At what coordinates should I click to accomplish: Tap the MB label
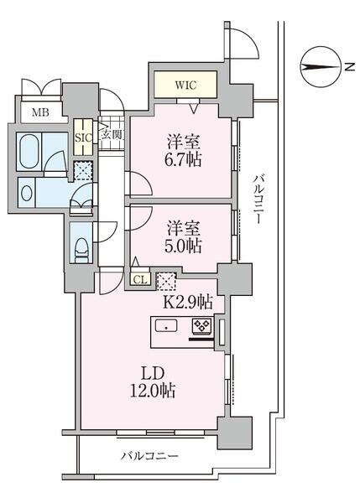[x=39, y=112]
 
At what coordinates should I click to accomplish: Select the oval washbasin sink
[x=27, y=193]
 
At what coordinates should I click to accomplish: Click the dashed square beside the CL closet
[x=166, y=281]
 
